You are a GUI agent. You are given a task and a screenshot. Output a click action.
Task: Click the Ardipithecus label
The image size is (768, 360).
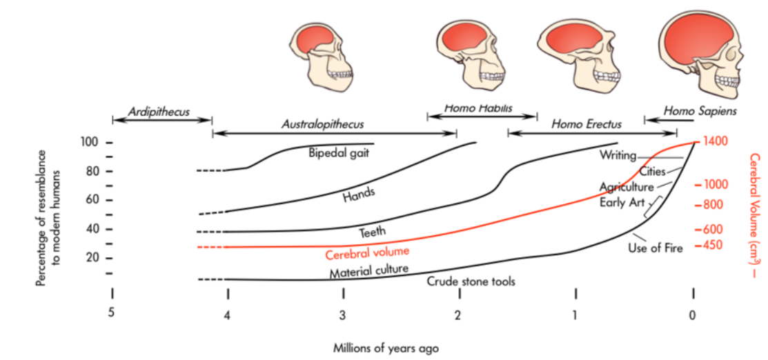click(159, 111)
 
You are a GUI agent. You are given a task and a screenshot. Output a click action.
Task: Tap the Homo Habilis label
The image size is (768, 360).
click(481, 108)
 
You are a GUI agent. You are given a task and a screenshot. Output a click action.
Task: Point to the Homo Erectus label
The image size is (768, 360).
click(587, 124)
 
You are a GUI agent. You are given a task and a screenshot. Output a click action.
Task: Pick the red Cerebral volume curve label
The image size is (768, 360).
click(367, 252)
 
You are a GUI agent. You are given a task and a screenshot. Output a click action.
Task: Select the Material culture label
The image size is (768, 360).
click(368, 270)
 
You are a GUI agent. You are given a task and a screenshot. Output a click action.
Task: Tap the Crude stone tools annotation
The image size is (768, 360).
click(471, 281)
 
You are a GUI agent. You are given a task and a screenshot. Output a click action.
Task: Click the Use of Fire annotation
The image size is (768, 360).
click(655, 248)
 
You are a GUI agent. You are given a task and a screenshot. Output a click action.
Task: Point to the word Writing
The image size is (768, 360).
click(617, 156)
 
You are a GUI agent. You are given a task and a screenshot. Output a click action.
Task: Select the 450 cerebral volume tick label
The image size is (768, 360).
click(711, 245)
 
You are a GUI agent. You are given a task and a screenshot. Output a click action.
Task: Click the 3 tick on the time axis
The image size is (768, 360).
click(343, 315)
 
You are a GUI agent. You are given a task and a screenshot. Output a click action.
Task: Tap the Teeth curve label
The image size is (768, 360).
click(373, 232)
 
